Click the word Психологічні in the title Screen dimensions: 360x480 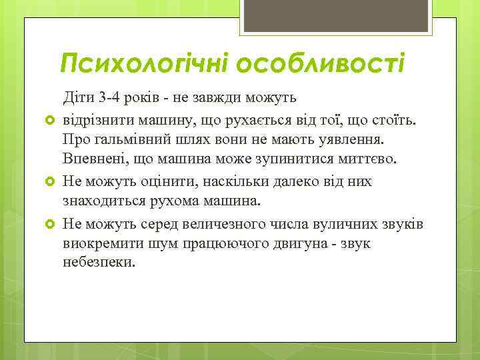139,64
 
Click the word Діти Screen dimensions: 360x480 78,98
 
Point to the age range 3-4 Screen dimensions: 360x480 109,98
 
